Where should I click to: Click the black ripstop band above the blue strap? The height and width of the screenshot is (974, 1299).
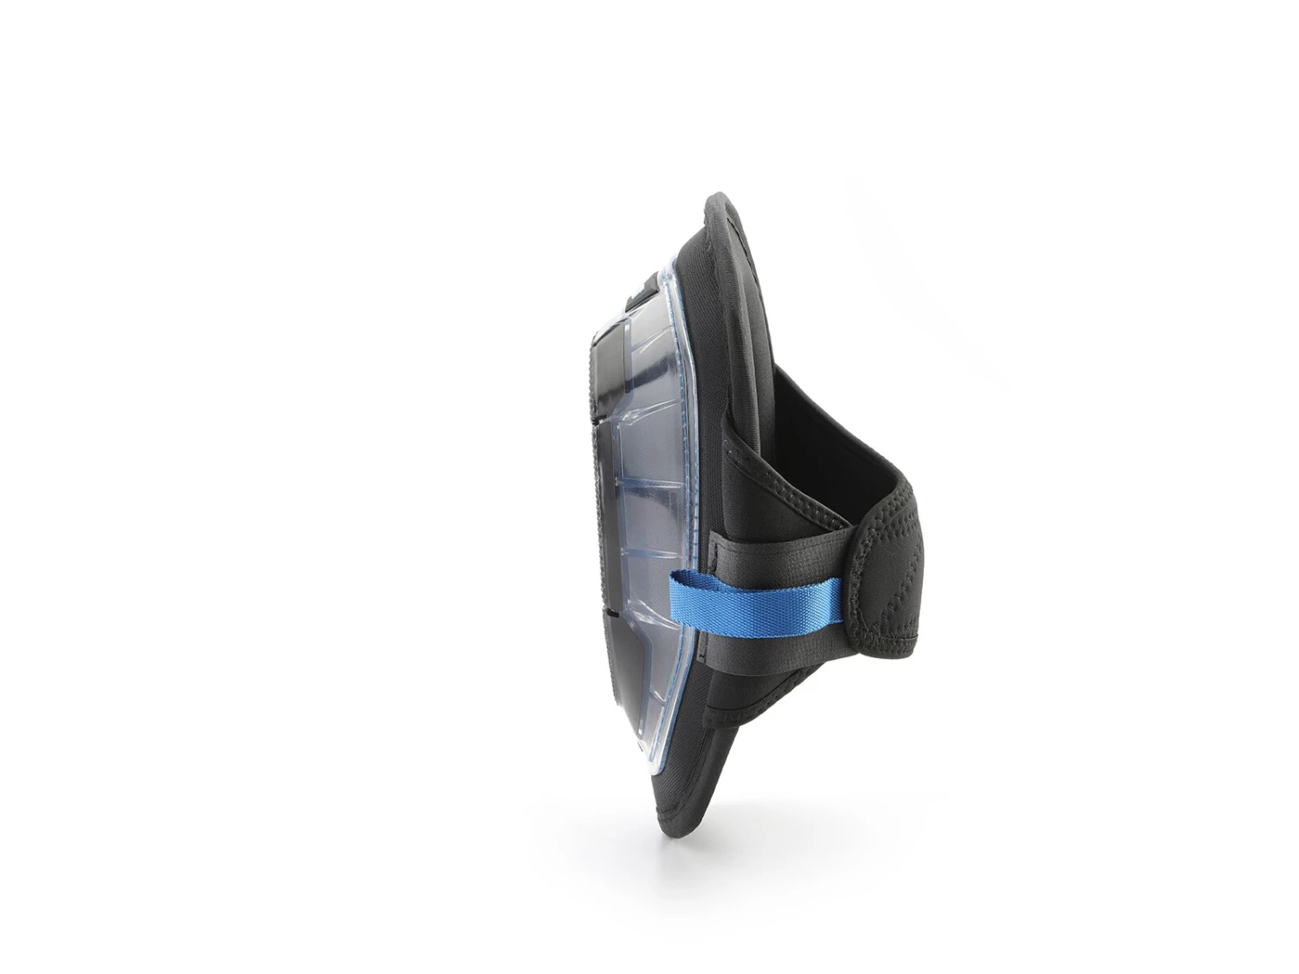coord(779,558)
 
